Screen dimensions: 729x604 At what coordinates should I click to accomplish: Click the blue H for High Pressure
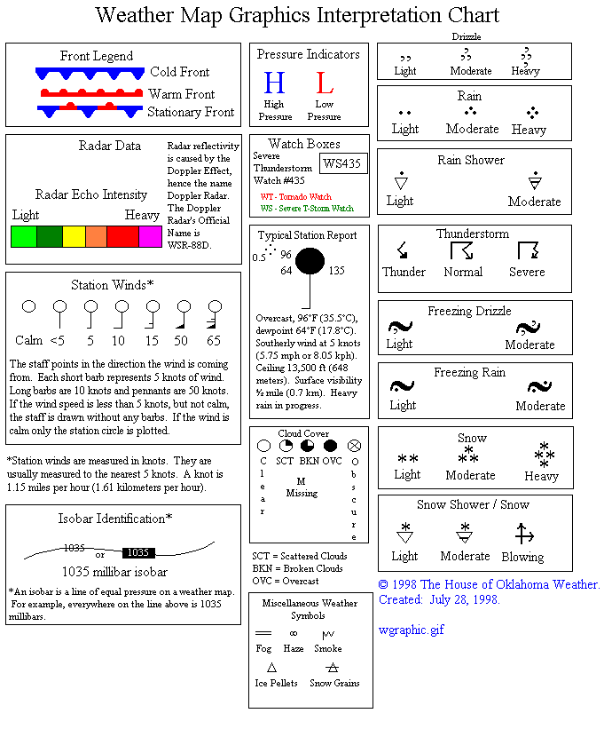(x=274, y=83)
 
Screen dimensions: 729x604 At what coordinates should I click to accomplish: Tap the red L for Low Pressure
(x=325, y=83)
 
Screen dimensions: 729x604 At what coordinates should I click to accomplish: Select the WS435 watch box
(x=343, y=162)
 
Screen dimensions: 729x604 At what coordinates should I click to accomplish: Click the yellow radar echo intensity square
(x=74, y=236)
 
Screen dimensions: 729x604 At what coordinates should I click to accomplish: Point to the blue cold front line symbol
(x=90, y=73)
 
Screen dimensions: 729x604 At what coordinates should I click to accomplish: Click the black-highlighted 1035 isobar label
(x=137, y=552)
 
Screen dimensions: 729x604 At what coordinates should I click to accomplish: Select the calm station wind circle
(x=28, y=307)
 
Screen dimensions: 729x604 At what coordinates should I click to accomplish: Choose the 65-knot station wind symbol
(x=214, y=310)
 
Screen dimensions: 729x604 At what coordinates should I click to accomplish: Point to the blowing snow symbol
(x=523, y=534)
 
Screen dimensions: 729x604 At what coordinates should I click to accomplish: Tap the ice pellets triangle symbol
(x=272, y=667)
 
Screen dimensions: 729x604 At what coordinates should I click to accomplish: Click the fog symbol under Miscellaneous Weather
(x=263, y=633)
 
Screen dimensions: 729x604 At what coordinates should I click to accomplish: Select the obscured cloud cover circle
(x=355, y=445)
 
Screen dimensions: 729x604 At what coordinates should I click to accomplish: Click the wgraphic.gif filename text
(x=411, y=630)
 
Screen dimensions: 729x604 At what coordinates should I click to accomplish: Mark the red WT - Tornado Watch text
(x=295, y=196)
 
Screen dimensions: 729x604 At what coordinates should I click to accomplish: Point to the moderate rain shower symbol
(x=534, y=181)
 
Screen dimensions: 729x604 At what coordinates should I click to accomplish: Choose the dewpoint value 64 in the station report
(x=286, y=271)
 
